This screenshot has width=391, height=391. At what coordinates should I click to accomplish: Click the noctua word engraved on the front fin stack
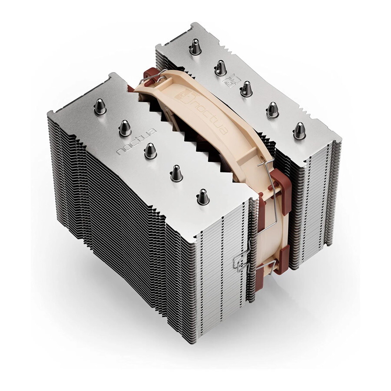[x=137, y=142]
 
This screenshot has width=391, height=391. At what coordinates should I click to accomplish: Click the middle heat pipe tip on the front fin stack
[x=150, y=150]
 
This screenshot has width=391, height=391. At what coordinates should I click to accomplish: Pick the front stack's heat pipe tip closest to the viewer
[x=203, y=197]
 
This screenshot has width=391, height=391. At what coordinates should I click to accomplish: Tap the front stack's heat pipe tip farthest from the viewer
[x=100, y=106]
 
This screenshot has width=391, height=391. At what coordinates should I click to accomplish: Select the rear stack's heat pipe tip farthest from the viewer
[x=195, y=47]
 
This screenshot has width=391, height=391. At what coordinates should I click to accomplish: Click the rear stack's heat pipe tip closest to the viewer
[x=299, y=131]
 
